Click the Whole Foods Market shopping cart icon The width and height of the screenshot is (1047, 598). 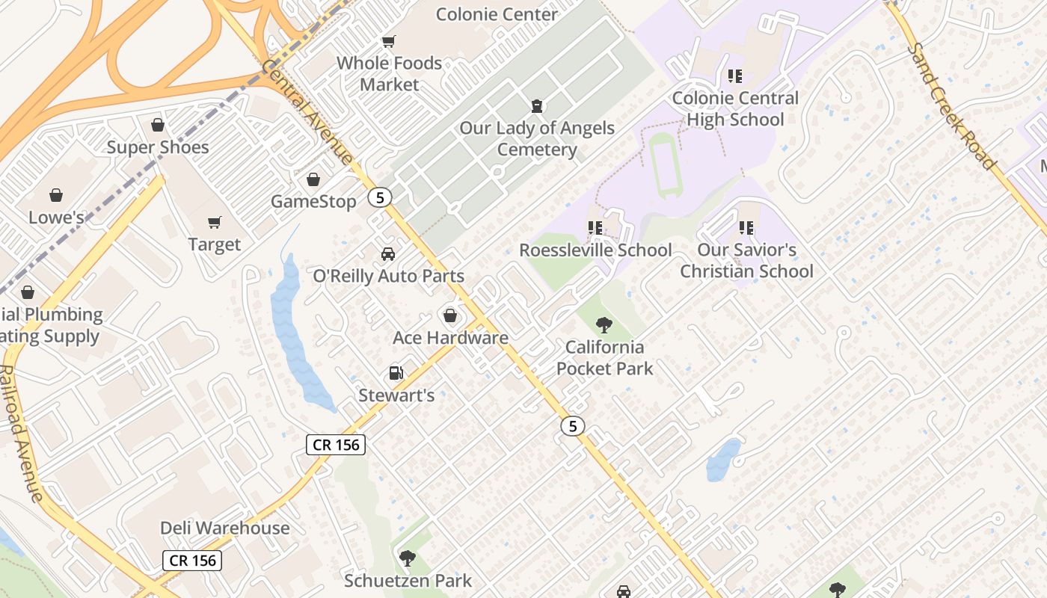coord(388,41)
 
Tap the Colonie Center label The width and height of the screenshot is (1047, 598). coord(497,14)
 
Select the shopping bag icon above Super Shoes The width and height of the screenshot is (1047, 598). coord(157,125)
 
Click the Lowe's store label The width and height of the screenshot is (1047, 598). coord(56,218)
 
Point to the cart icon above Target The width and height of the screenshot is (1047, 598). coord(215,222)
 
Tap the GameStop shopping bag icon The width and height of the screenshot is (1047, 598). coord(313,179)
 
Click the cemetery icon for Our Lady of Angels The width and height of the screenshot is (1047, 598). coord(536,105)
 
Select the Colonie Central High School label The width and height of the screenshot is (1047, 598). coord(734,109)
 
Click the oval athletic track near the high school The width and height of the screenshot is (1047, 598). coord(663,164)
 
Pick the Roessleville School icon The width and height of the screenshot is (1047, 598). coord(595,227)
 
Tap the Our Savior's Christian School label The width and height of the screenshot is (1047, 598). coord(746,260)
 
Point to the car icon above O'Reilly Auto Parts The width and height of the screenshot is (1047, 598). coord(388,254)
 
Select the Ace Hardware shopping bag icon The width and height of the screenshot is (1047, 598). coord(450,315)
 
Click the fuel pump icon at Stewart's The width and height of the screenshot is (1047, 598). coord(396,372)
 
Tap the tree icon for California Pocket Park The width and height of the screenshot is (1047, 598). coord(604,325)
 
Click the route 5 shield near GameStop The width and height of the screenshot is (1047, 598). coord(380,198)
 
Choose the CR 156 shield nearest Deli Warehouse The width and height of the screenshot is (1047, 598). coord(192,560)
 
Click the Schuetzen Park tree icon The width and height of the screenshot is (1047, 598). coord(407,558)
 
